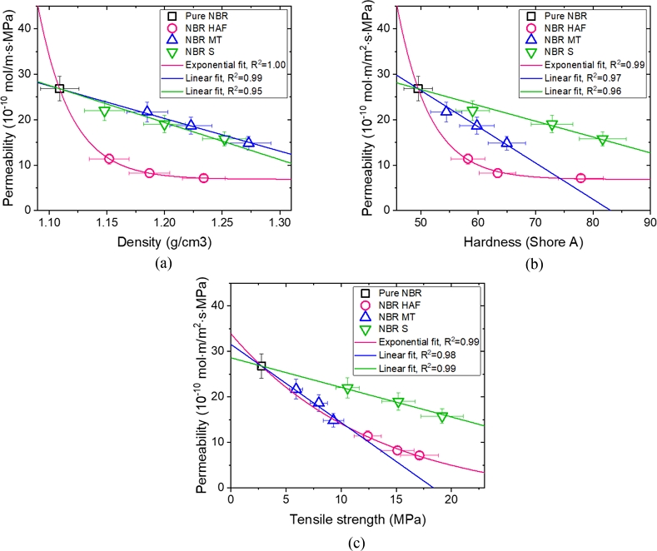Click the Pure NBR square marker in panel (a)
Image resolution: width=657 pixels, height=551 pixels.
(x=59, y=89)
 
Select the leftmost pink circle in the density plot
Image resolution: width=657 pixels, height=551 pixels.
(x=109, y=158)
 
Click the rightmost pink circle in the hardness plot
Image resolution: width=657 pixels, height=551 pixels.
(x=580, y=178)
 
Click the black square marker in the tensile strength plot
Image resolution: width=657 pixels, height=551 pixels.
(x=261, y=366)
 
